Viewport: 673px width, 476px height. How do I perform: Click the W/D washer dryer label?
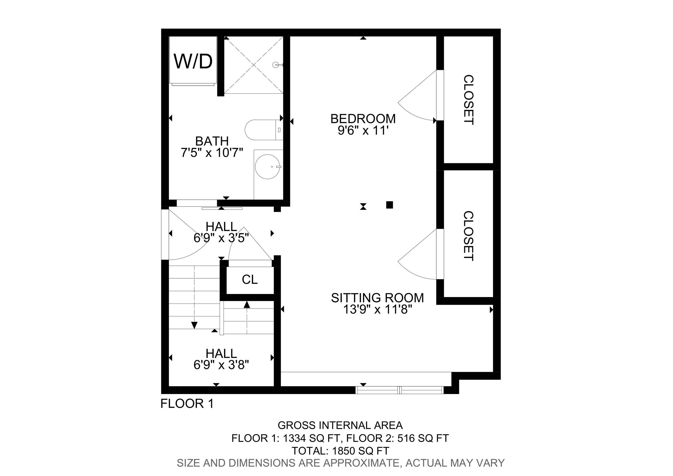pos(193,61)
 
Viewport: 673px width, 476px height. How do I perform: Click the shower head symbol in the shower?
pos(276,65)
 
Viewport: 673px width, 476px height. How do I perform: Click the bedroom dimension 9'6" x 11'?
pos(363,130)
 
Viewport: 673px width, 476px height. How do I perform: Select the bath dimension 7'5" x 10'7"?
pos(212,153)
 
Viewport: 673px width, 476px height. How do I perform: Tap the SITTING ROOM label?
pos(377,298)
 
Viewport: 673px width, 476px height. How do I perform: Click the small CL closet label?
pos(250,280)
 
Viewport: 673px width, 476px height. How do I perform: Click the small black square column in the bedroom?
pos(389,205)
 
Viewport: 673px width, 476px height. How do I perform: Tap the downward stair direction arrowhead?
pos(194,325)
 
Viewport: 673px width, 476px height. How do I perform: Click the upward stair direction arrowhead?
pos(247,305)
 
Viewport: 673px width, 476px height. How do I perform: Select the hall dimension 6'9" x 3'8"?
pos(221,365)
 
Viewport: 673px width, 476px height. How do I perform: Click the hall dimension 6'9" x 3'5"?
pos(221,238)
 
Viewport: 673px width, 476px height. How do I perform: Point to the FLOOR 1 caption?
pos(187,404)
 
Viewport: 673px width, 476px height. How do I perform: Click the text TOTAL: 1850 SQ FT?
pos(340,451)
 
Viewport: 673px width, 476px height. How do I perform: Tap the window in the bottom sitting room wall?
pos(400,390)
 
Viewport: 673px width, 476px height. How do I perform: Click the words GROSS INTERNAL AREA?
pos(340,425)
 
